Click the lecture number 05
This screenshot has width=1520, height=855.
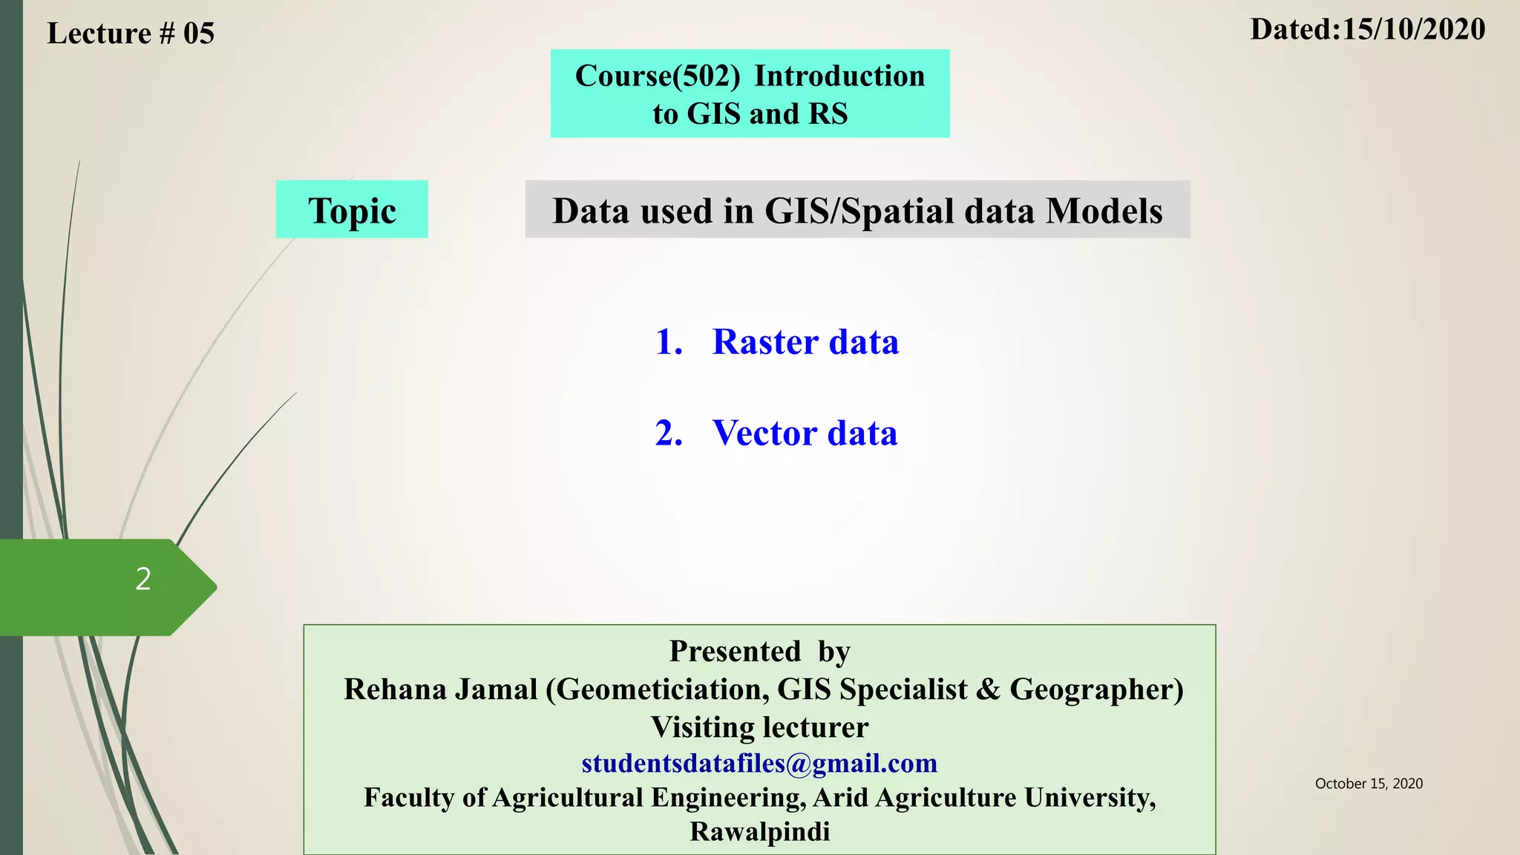pos(199,34)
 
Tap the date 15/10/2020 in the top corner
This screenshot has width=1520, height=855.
pos(1413,30)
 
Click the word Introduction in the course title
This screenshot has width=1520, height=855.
pos(839,76)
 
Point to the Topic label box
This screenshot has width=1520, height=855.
pos(352,210)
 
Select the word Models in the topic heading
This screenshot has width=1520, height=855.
pos(1104,212)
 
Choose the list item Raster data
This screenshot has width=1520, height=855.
pos(805,342)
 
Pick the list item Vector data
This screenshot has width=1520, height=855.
pos(805,433)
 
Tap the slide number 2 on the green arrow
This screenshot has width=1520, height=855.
pos(143,579)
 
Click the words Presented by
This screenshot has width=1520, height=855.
pos(759,652)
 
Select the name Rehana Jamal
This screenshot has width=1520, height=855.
pos(440,689)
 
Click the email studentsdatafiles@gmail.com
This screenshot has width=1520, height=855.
pos(759,763)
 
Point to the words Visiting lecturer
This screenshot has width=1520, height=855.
pos(759,727)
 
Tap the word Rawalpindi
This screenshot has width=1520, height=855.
pos(759,832)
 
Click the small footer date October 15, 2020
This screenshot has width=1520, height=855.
pos(1369,784)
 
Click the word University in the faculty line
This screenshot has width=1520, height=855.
pos(1089,798)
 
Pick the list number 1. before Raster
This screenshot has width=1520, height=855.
pos(668,342)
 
